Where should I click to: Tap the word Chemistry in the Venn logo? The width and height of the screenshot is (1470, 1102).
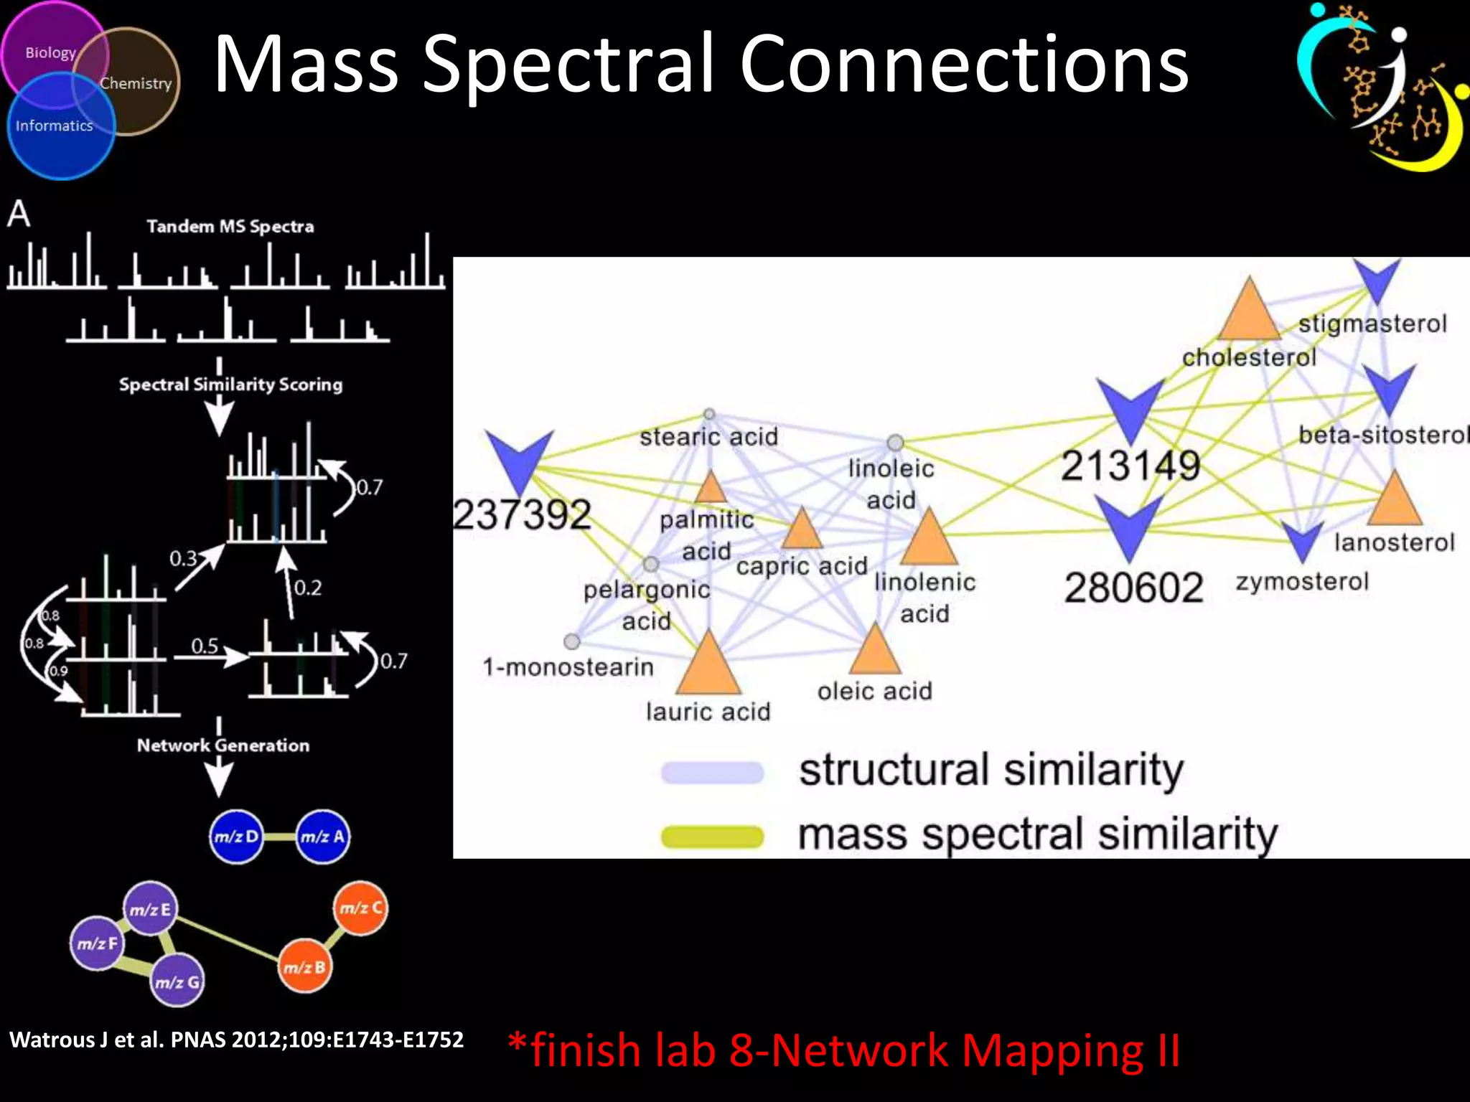tap(136, 83)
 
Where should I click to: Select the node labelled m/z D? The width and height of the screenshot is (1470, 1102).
tap(236, 837)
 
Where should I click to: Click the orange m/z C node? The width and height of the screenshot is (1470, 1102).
tap(361, 908)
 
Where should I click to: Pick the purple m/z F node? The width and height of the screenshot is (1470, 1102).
tap(97, 943)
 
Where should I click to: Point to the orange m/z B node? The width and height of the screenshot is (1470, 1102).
tap(304, 967)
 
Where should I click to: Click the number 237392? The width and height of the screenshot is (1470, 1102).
tap(523, 514)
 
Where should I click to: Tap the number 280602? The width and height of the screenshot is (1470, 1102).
tap(1133, 588)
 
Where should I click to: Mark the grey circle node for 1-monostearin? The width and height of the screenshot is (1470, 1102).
tap(572, 641)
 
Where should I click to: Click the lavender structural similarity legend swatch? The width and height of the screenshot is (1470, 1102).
tap(712, 773)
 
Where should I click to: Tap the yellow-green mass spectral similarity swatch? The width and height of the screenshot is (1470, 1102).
tap(712, 837)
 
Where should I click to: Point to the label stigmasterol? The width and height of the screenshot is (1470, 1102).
tap(1372, 324)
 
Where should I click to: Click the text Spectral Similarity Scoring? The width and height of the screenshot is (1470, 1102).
tap(230, 385)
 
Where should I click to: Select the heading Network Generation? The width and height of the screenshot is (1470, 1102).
tap(223, 745)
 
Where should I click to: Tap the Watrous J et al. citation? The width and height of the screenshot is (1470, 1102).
tap(236, 1040)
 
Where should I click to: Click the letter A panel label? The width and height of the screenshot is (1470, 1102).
tap(19, 214)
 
